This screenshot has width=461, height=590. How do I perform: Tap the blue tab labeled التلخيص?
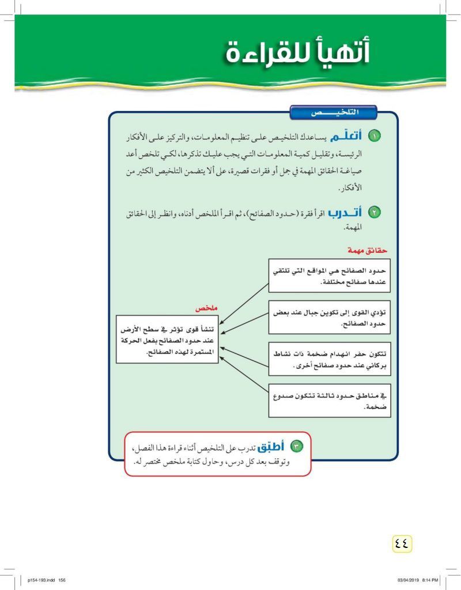[334, 113]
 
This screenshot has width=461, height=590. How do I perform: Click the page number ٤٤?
[402, 542]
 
